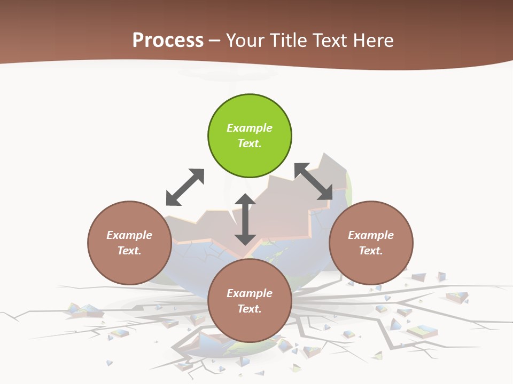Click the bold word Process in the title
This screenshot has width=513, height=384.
[x=168, y=41]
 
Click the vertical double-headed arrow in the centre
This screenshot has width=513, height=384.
[x=245, y=220]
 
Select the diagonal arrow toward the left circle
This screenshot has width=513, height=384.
[x=185, y=187]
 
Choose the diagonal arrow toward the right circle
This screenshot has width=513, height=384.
[x=313, y=182]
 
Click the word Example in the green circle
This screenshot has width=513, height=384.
[x=250, y=128]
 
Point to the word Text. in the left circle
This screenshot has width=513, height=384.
[x=129, y=251]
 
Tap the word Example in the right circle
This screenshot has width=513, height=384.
[x=371, y=235]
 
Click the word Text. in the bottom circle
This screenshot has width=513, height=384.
[x=250, y=309]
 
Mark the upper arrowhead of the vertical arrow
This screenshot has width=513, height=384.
[x=245, y=200]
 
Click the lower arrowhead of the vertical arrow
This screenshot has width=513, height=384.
[x=245, y=239]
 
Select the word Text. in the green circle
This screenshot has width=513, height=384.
[x=250, y=143]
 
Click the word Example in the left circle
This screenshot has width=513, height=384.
[x=129, y=235]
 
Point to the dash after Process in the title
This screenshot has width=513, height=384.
[x=215, y=41]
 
